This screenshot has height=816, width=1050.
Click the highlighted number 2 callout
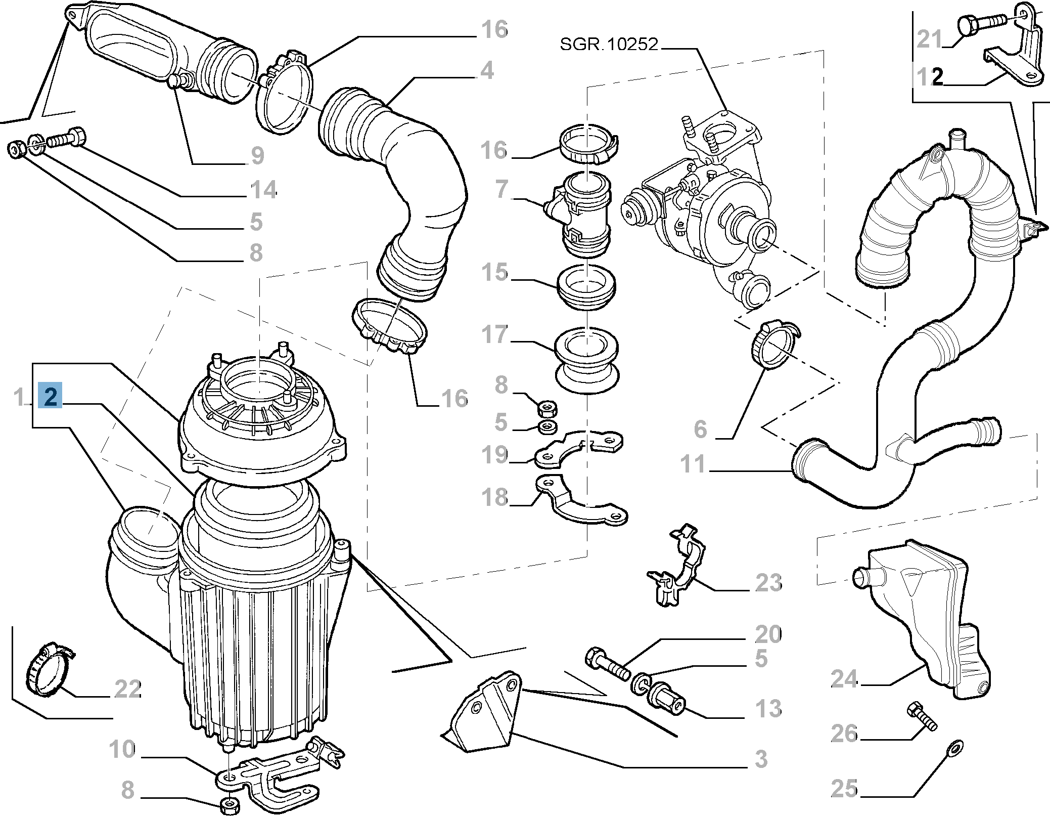(50, 396)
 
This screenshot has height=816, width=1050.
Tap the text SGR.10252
(609, 45)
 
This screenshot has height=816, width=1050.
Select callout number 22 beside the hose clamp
(127, 689)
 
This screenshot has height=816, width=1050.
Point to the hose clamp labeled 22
(48, 670)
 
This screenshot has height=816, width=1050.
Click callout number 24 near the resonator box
(844, 678)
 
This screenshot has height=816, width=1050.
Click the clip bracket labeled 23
(676, 566)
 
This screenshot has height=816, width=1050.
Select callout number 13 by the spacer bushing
(768, 708)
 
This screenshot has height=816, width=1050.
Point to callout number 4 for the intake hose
(487, 70)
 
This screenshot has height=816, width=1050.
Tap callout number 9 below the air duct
(257, 155)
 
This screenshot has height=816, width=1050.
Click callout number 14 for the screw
(263, 190)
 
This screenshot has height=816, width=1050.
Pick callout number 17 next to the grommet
(494, 334)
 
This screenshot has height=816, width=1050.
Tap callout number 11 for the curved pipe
(693, 464)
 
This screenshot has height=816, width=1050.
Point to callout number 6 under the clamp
(700, 429)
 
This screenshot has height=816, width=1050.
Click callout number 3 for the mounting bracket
(761, 759)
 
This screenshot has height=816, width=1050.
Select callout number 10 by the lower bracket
(122, 749)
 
